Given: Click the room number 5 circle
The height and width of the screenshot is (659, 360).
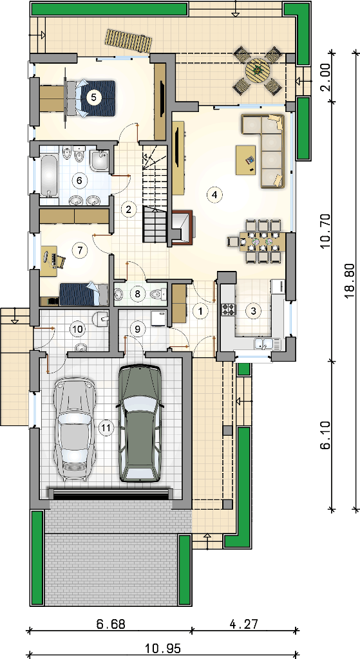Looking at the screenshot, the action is pyautogui.click(x=93, y=97).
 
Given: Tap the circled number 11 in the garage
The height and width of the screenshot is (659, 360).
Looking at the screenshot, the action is pyautogui.click(x=106, y=428).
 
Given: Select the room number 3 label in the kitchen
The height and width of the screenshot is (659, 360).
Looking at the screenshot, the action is pyautogui.click(x=253, y=311).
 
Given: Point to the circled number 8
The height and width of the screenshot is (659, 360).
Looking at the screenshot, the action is pyautogui.click(x=137, y=293).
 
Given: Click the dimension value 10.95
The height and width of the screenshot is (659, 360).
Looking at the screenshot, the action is pyautogui.click(x=163, y=649).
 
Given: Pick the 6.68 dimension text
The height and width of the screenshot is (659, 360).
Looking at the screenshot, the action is pyautogui.click(x=111, y=624).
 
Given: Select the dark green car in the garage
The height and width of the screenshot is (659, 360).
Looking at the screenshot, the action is pyautogui.click(x=140, y=423).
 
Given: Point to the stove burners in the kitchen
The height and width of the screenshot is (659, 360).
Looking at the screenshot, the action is pyautogui.click(x=229, y=310).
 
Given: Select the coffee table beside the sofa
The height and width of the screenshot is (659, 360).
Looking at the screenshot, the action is pyautogui.click(x=246, y=160).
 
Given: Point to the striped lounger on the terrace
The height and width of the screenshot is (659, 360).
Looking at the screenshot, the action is pyautogui.click(x=128, y=41).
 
